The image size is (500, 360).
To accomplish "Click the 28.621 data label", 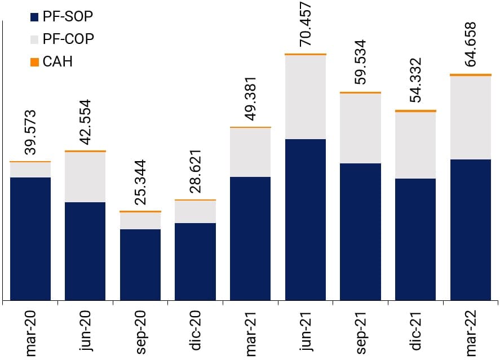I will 196,171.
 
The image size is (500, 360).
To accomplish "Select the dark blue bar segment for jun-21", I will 306,220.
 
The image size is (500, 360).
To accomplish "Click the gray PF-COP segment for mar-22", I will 471,117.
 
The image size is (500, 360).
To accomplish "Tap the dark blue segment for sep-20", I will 140,265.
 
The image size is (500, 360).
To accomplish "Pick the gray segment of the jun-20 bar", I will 85,177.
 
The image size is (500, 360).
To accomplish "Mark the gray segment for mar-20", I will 30,170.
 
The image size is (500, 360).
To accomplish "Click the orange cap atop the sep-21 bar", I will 361,92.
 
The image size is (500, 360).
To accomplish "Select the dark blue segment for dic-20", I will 195,262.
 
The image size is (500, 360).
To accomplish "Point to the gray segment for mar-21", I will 250,153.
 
